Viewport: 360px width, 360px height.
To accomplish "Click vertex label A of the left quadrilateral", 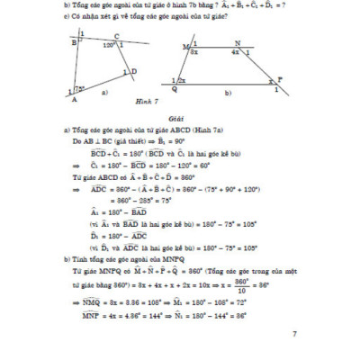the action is pos(73,100).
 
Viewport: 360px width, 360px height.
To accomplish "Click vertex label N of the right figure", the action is pos(237,41).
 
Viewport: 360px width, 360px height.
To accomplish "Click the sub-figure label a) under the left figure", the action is pos(106,92).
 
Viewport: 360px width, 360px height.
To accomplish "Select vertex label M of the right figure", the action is pos(184,44).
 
